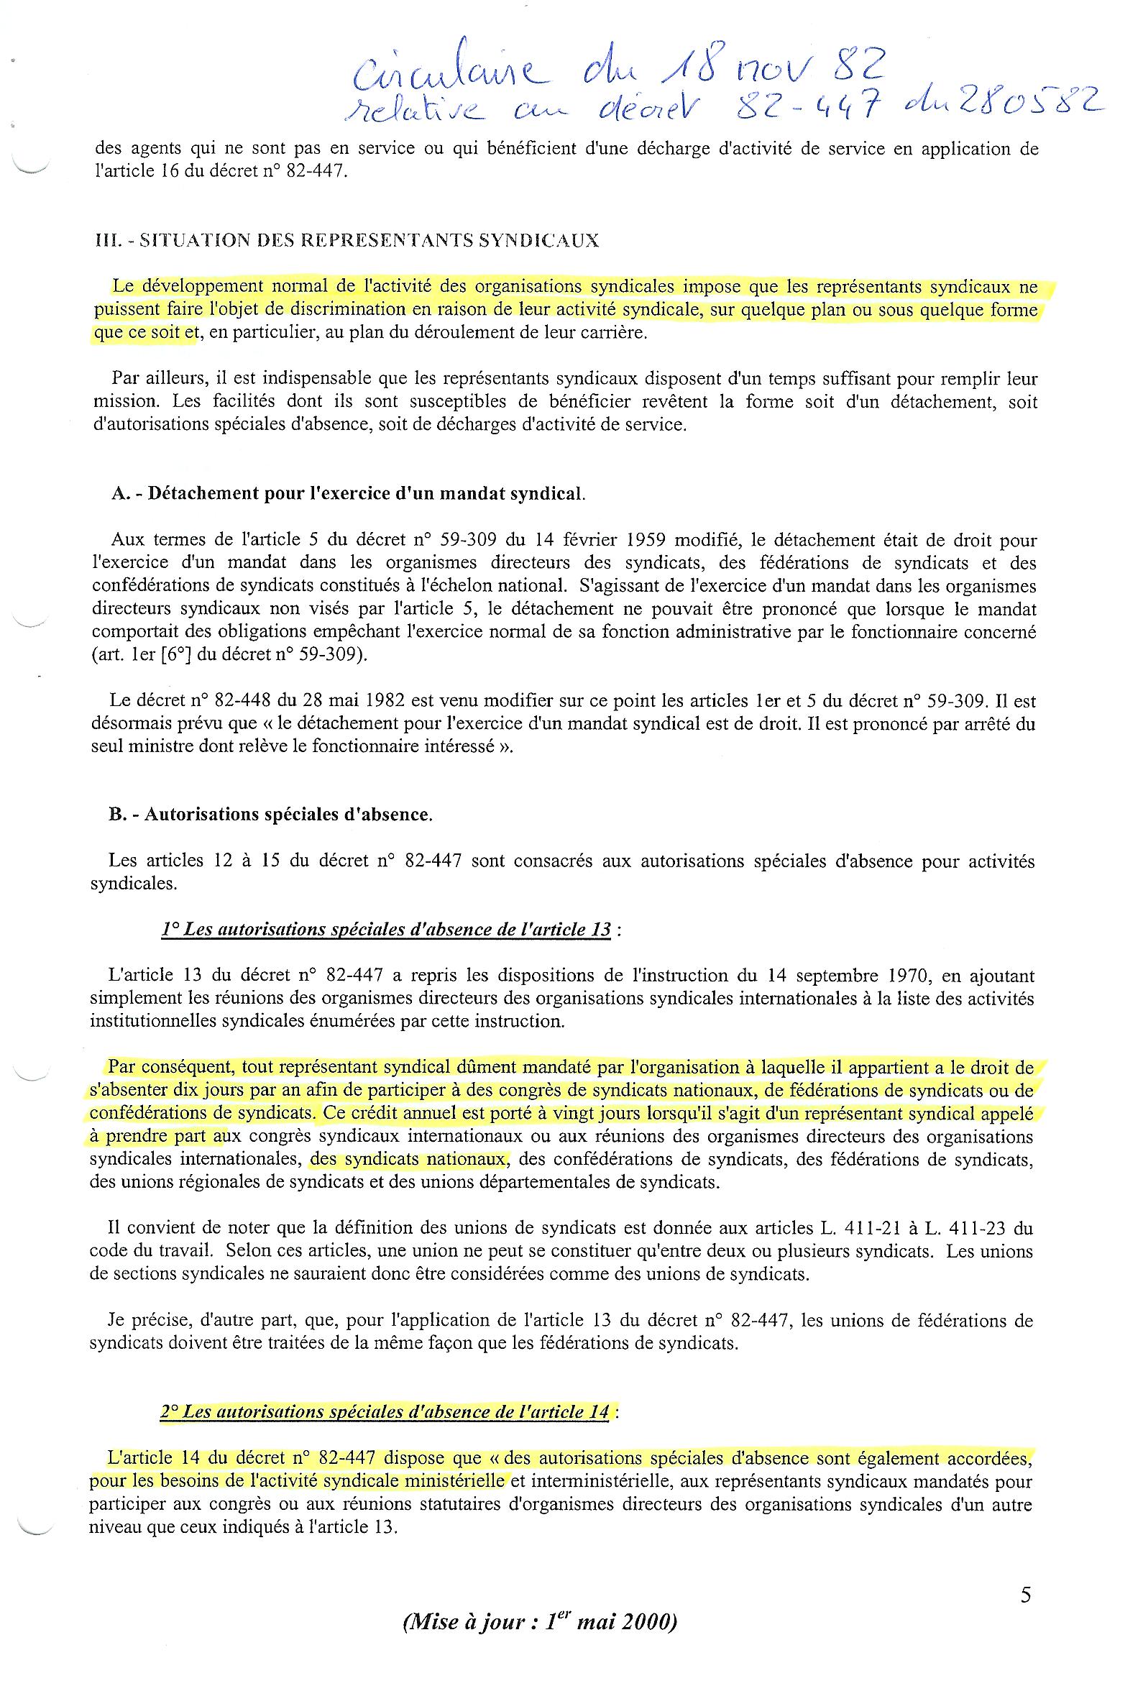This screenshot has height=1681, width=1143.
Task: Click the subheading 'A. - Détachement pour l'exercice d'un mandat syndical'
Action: click(x=348, y=493)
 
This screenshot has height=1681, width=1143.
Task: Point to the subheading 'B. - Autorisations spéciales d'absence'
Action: click(x=270, y=815)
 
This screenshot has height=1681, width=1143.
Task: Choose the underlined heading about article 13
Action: click(x=386, y=930)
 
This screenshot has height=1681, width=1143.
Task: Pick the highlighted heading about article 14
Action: click(x=386, y=1411)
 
